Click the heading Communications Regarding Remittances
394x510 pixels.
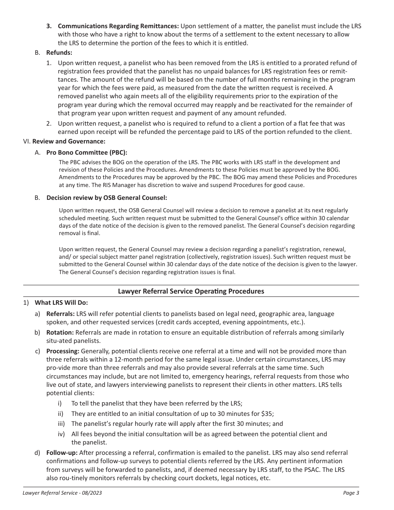tap(118, 26)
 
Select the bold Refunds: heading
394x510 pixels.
tap(59, 53)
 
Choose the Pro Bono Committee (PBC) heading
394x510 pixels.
tap(87, 152)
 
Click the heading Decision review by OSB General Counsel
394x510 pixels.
tap(107, 198)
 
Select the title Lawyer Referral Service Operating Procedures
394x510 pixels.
tap(191, 291)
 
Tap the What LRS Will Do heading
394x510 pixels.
tap(61, 303)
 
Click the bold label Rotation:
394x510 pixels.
tap(60, 333)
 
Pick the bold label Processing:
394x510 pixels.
tap(63, 351)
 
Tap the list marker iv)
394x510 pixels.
tap(61, 434)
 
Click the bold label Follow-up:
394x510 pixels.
tap(62, 452)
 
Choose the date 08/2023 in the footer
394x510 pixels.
tap(92, 493)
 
